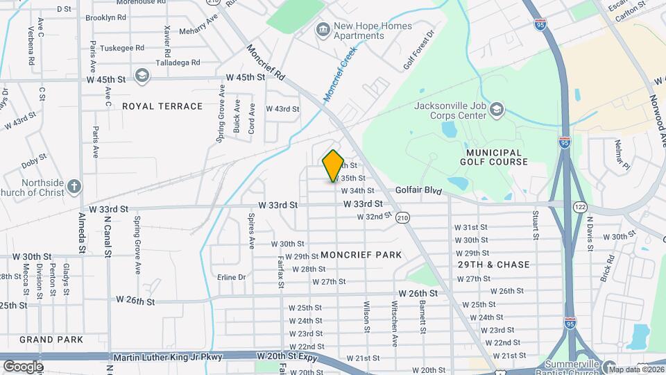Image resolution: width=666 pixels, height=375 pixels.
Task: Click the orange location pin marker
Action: (x=333, y=166)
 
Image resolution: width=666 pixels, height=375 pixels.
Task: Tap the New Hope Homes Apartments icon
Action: (x=323, y=30)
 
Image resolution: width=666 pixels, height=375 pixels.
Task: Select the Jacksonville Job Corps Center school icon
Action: (x=497, y=110)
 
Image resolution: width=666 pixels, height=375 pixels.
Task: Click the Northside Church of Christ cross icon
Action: (x=74, y=186)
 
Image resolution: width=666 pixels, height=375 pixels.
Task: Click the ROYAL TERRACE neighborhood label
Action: (x=162, y=106)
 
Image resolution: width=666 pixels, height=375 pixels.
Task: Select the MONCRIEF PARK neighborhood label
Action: (x=361, y=255)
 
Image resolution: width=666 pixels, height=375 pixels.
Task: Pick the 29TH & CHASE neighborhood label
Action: (x=494, y=265)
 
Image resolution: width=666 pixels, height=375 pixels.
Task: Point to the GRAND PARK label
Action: (x=51, y=340)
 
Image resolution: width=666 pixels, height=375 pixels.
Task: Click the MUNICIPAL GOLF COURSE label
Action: (x=494, y=157)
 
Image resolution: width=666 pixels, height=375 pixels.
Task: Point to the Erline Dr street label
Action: (x=232, y=277)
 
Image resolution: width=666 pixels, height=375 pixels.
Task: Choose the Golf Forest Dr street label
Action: (x=419, y=50)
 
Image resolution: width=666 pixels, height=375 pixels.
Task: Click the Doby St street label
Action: (x=33, y=164)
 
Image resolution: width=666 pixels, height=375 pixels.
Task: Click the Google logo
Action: (x=24, y=365)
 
